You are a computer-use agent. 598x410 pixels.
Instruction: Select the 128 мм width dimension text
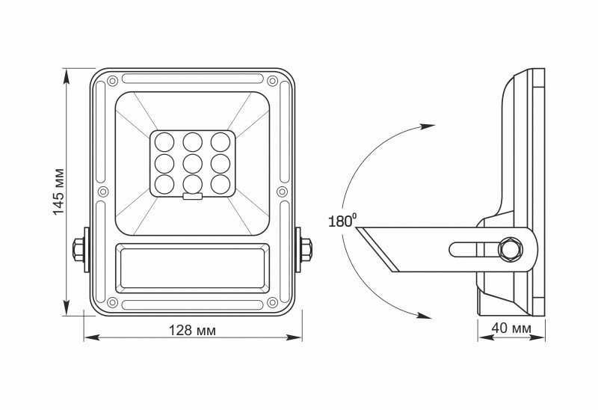192,330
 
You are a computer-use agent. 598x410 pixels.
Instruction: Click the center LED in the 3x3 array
193,162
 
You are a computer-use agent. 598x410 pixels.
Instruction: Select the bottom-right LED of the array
218,183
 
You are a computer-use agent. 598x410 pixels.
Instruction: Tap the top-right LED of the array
218,140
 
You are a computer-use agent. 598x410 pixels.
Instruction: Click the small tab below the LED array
193,198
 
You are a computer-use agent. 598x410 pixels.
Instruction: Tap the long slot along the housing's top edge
192,79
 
